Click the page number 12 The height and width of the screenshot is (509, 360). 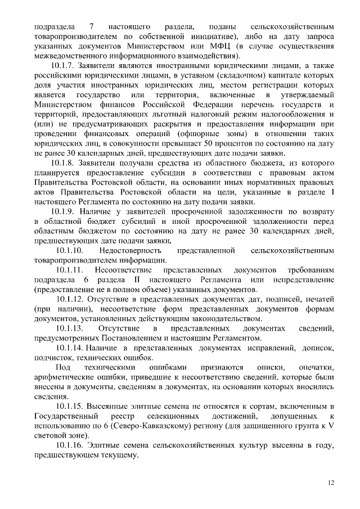pyautogui.click(x=330, y=482)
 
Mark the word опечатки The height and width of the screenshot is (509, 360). pyautogui.click(x=317, y=367)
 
